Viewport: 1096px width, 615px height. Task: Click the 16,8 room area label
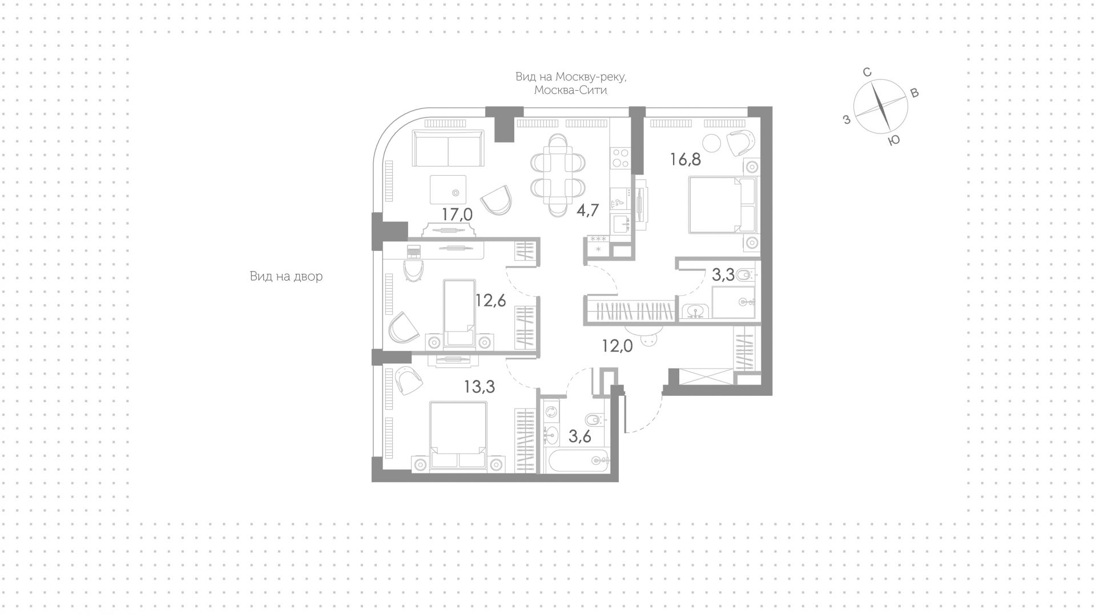point(686,159)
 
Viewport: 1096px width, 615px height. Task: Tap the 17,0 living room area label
point(457,215)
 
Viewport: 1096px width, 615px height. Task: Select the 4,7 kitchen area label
point(587,211)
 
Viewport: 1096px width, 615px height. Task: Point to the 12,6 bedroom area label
point(491,300)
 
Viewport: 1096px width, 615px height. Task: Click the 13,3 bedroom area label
point(479,387)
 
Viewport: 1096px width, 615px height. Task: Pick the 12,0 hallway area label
point(618,346)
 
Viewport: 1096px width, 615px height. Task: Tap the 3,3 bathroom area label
point(723,276)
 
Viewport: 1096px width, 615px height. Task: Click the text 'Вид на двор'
point(286,277)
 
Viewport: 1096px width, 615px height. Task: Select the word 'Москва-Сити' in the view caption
point(570,91)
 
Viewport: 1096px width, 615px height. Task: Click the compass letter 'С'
point(867,72)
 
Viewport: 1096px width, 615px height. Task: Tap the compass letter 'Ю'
point(894,140)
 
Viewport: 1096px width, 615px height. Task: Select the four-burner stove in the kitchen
point(620,158)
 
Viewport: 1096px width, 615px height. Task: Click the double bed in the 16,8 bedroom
point(722,205)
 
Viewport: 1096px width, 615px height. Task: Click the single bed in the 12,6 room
point(460,313)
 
